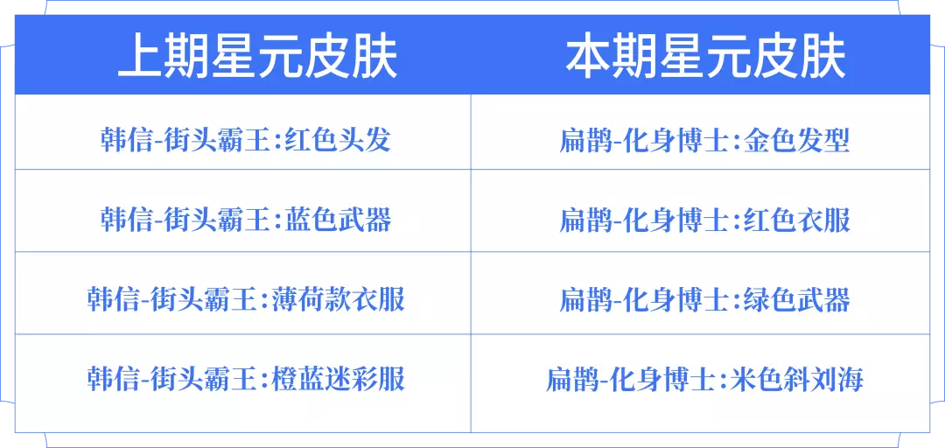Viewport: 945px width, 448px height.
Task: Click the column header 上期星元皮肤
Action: (257, 58)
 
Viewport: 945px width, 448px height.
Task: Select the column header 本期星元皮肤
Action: (706, 58)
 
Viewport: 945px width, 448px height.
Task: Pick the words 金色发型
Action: (798, 141)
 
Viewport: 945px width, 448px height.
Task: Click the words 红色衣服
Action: (798, 220)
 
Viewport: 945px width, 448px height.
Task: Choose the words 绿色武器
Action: (798, 299)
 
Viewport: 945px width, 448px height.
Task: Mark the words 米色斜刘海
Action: (798, 379)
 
